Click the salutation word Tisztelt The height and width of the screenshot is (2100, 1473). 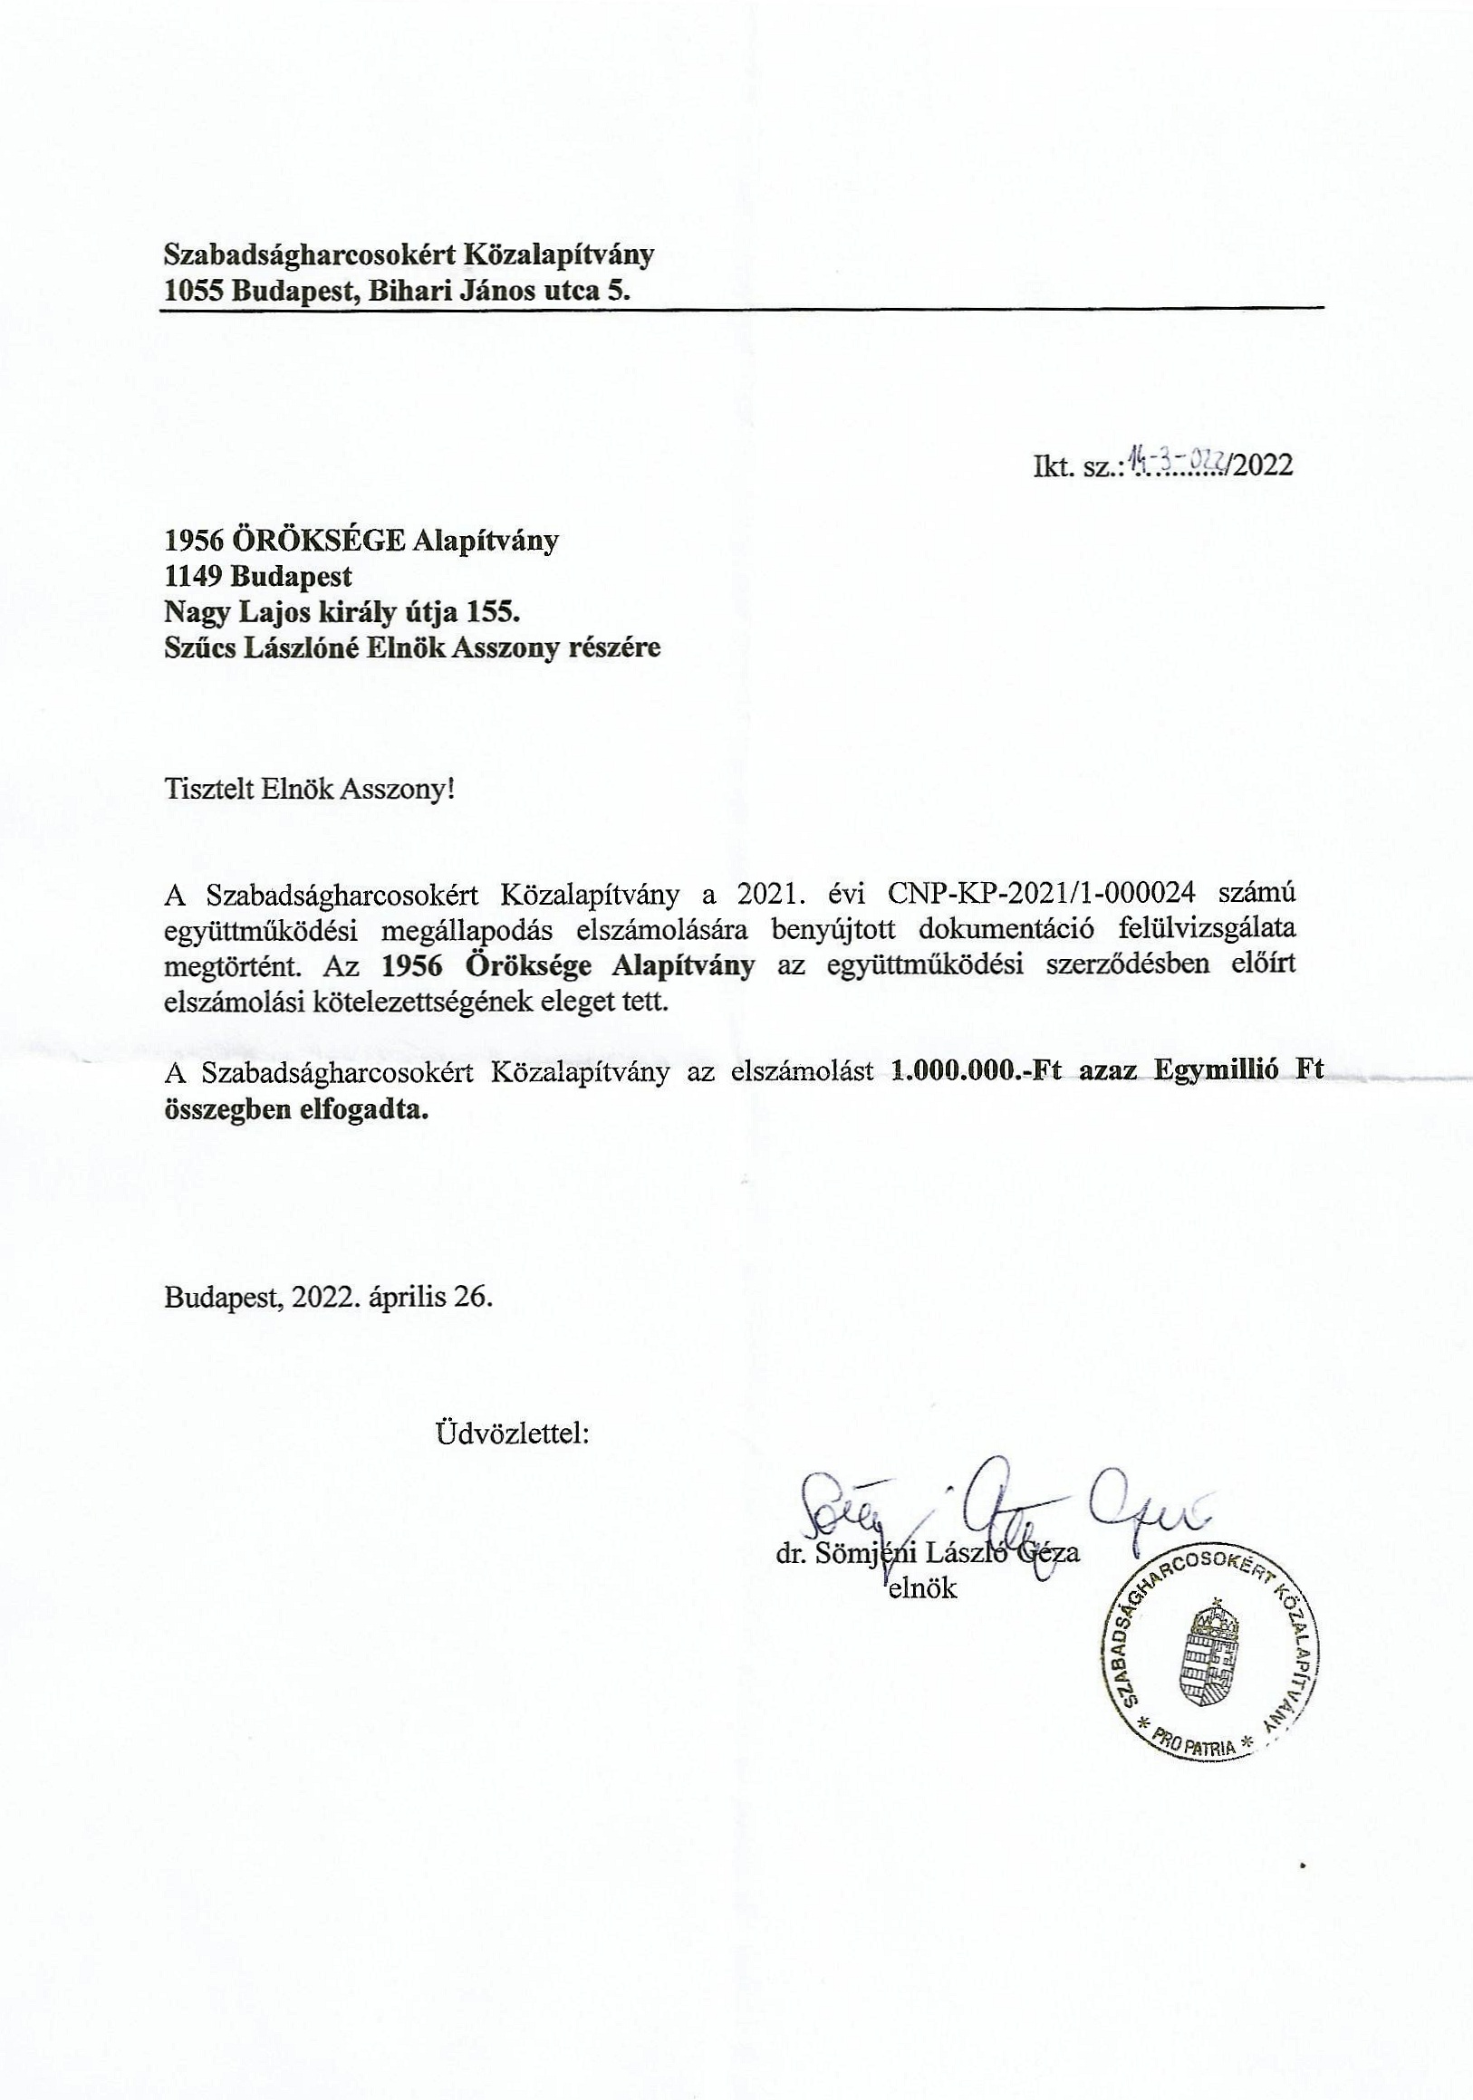point(208,789)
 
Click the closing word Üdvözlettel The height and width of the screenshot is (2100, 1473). point(513,1433)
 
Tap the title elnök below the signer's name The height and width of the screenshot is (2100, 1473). point(922,1587)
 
